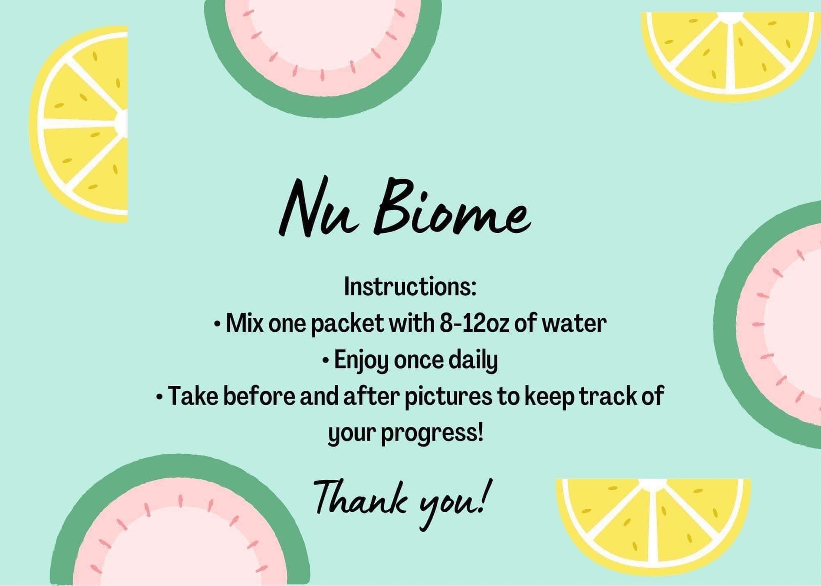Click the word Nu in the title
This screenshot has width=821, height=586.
tap(319, 207)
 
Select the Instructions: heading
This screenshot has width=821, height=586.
tap(410, 287)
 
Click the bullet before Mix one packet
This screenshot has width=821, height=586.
tap(217, 325)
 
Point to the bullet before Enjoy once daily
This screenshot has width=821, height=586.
tap(325, 361)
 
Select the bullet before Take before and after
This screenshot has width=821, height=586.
tap(159, 397)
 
